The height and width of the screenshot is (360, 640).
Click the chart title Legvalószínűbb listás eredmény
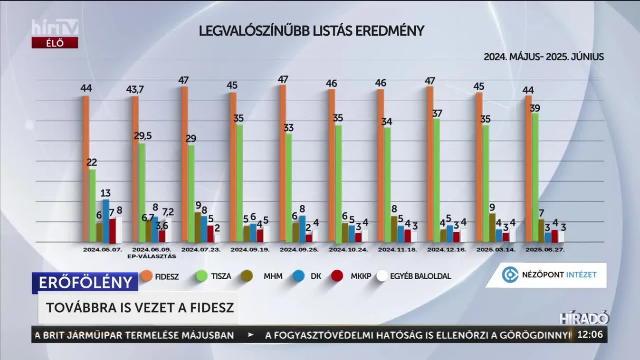click(x=311, y=31)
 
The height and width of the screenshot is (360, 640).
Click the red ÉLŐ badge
click(x=55, y=43)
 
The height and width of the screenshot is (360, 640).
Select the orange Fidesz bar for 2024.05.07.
click(x=86, y=169)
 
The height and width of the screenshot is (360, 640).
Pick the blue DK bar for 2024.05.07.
click(x=106, y=220)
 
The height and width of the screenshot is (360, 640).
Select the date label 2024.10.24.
click(x=351, y=249)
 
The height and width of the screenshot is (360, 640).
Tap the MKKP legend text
click(x=361, y=276)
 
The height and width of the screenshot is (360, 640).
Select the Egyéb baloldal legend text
click(x=420, y=276)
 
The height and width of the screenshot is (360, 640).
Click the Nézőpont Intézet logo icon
click(x=510, y=275)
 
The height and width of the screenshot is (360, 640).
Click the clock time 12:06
click(x=590, y=335)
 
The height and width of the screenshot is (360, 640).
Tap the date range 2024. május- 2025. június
click(x=544, y=57)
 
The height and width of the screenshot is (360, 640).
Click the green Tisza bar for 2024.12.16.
click(x=436, y=180)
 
